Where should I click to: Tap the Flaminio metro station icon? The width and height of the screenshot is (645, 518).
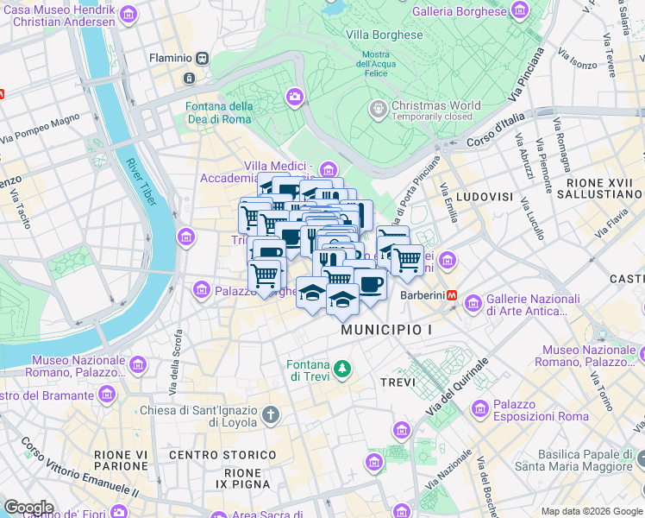pos(203,58)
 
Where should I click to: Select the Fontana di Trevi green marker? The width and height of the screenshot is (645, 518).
pos(343,370)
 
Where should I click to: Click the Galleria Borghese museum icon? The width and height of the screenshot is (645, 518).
pos(520,11)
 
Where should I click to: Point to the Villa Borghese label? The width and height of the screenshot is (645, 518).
pos(385,35)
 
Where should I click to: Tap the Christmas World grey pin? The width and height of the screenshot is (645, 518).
pos(378,110)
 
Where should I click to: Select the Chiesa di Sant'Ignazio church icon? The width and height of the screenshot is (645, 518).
pos(271,415)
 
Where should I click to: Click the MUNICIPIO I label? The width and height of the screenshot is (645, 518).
pos(385,331)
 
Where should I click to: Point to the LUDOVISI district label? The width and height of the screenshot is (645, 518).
pos(484,197)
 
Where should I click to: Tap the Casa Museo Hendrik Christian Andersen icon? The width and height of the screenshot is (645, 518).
pos(128,14)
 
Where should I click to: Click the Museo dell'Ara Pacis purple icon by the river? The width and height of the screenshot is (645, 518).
pos(185,237)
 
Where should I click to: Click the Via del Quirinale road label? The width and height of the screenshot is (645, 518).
pos(458,386)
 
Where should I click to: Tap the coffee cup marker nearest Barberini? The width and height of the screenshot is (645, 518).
pos(371,283)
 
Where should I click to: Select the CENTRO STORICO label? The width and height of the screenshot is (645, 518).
pos(210,455)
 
